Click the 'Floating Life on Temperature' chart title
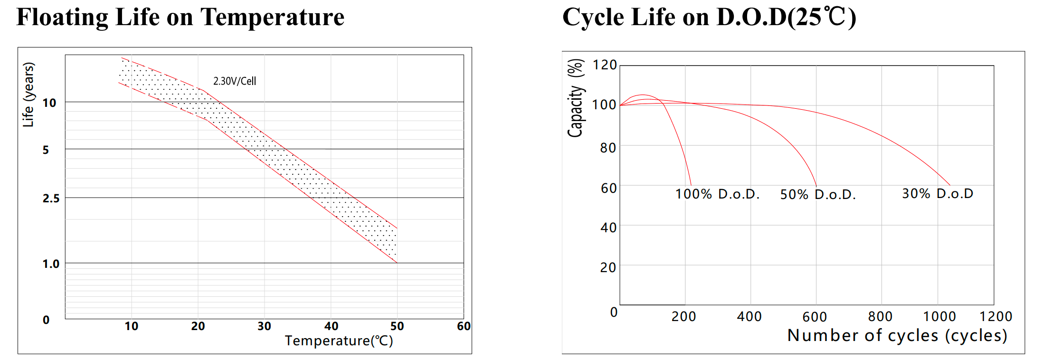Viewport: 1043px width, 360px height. pyautogui.click(x=180, y=18)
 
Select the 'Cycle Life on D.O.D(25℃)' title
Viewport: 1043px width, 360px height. pyautogui.click(x=709, y=18)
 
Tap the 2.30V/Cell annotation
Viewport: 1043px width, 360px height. pyautogui.click(x=235, y=81)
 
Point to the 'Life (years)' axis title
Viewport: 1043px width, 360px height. pyautogui.click(x=29, y=95)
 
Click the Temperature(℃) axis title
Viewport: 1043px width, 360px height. pyautogui.click(x=339, y=341)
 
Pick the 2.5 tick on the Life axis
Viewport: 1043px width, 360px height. pyautogui.click(x=51, y=199)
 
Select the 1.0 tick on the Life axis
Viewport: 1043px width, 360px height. pyautogui.click(x=51, y=264)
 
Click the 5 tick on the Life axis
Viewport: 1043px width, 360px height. pyautogui.click(x=46, y=150)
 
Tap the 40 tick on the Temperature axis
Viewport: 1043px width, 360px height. pyautogui.click(x=332, y=326)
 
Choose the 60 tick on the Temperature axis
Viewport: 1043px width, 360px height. pyautogui.click(x=464, y=326)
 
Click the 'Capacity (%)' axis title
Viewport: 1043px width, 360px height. pyautogui.click(x=576, y=98)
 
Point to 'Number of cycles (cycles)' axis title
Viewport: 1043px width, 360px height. pyautogui.click(x=897, y=335)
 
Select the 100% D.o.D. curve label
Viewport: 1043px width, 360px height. pyautogui.click(x=718, y=194)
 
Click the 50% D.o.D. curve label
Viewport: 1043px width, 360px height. pyautogui.click(x=818, y=194)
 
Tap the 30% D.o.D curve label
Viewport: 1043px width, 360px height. pyautogui.click(x=938, y=193)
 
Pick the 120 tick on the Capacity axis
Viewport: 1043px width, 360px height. pyautogui.click(x=605, y=65)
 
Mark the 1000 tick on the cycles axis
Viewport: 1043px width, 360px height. pyautogui.click(x=939, y=316)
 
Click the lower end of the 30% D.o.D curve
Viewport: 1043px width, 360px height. pyautogui.click(x=950, y=185)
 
